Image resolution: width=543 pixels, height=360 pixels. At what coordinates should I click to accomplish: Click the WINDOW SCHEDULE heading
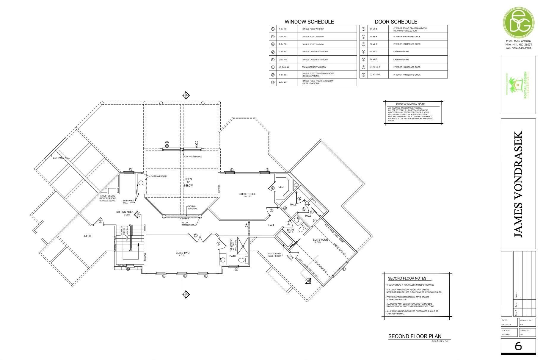[309, 22]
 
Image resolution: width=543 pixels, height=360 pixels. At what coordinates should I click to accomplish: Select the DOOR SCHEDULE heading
[396, 22]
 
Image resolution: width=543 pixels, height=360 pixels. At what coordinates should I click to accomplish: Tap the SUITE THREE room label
[247, 194]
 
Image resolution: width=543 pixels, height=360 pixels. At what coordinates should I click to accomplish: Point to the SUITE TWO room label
[182, 253]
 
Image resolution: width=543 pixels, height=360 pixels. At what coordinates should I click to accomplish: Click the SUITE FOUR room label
[320, 240]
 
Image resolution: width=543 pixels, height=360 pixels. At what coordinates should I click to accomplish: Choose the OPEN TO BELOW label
[188, 182]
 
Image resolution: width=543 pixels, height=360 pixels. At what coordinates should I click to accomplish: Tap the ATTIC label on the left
[87, 236]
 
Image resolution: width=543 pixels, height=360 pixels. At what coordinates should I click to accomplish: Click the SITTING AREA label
[125, 212]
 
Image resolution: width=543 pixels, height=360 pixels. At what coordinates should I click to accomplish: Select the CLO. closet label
[281, 187]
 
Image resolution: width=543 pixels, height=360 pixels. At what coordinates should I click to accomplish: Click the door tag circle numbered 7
[196, 235]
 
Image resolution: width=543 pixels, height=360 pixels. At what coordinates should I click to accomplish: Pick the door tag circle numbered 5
[247, 225]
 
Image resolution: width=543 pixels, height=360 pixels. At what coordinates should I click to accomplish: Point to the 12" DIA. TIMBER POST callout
[188, 224]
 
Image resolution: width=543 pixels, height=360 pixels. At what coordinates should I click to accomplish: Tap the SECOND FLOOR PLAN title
[415, 336]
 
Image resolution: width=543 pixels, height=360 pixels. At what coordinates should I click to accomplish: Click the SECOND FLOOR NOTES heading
[407, 278]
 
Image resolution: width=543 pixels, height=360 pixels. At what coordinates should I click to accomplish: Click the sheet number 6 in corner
[518, 346]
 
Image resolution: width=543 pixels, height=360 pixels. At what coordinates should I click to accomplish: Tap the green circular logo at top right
[518, 21]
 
